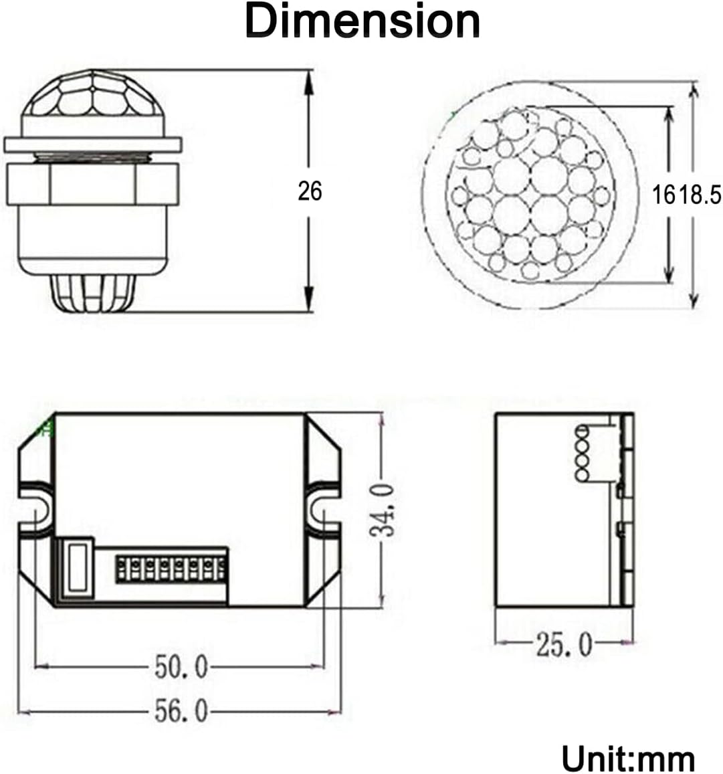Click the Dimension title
click(x=362, y=22)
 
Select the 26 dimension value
click(x=310, y=191)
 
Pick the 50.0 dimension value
click(x=181, y=667)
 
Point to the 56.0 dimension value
click(x=181, y=711)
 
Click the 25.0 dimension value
click(x=563, y=645)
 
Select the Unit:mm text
click(x=628, y=759)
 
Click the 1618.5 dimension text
click(x=687, y=195)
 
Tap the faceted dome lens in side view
click(x=91, y=98)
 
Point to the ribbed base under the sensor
click(x=92, y=294)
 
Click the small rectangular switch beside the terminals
click(x=78, y=567)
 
